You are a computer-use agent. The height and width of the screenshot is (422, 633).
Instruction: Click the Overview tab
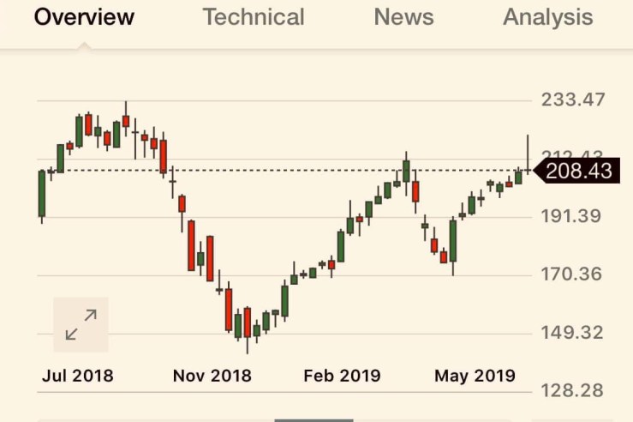point(84,17)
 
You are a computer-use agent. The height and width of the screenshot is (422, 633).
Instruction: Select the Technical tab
point(254,17)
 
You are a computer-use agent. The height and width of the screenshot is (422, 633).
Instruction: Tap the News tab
point(403,17)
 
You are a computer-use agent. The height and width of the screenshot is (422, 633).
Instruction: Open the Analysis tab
point(547,17)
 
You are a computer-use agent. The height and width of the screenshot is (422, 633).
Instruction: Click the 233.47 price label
point(573,99)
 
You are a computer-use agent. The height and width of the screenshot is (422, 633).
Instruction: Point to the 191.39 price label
point(571,215)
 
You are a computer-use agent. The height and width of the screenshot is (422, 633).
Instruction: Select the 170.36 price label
point(571,274)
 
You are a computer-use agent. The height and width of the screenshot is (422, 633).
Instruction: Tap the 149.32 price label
point(571,333)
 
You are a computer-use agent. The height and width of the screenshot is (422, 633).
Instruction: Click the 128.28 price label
point(571,390)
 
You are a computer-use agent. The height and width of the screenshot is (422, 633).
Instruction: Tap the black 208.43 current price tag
point(577,172)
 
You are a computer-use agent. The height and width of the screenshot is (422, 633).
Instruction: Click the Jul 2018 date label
point(77,376)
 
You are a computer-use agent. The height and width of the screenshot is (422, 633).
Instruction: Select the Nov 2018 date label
point(212,376)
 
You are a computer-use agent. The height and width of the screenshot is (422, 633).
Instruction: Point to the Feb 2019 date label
point(342,376)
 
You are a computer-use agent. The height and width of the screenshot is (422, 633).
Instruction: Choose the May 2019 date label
point(475,376)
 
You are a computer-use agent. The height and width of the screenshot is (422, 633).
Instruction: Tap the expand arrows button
point(81,325)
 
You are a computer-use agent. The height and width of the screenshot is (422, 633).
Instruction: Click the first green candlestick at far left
point(41,193)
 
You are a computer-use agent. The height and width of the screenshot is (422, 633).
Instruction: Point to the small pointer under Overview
point(85,46)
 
